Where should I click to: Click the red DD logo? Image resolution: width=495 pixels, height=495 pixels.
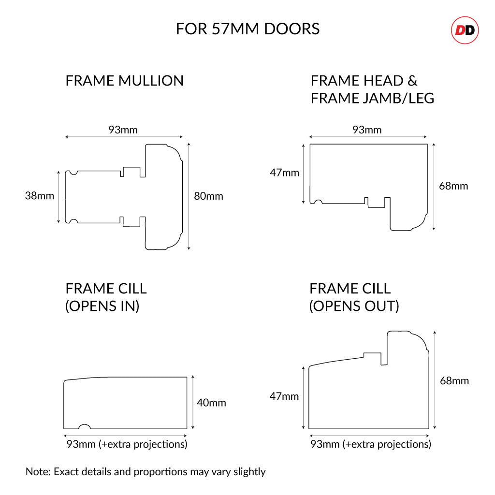[x=465, y=30]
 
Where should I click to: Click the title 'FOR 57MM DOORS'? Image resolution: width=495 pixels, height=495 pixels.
[x=247, y=29]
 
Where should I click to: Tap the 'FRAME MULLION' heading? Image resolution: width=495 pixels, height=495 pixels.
[x=124, y=81]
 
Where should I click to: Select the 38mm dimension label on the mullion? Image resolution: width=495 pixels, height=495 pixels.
[x=40, y=196]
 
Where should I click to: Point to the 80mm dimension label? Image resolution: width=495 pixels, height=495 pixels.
[x=208, y=196]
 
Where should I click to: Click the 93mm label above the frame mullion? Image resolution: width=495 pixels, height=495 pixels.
[x=123, y=130]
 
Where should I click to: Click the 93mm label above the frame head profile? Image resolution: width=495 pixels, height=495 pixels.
[x=367, y=130]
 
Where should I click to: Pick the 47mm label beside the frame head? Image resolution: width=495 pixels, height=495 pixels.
[x=284, y=173]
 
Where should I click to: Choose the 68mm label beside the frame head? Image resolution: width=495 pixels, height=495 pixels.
[x=453, y=186]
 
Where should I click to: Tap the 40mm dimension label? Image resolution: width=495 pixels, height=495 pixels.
[x=211, y=403]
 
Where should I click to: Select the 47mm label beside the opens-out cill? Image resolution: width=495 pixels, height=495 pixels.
[x=284, y=396]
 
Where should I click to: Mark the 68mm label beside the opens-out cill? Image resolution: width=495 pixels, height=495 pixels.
[x=454, y=381]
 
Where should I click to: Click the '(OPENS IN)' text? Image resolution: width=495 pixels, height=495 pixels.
[x=102, y=306]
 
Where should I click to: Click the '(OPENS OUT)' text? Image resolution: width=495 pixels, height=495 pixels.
[x=354, y=306]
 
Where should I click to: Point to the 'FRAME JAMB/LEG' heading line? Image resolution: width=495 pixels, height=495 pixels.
[x=373, y=98]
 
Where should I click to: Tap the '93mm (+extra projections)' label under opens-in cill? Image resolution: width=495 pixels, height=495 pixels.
[x=127, y=444]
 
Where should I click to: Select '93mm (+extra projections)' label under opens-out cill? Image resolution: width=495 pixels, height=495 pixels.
[x=371, y=444]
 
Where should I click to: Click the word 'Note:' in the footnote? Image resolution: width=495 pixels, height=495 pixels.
[x=38, y=472]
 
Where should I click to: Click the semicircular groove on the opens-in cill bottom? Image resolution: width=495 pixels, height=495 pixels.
[x=84, y=426]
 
